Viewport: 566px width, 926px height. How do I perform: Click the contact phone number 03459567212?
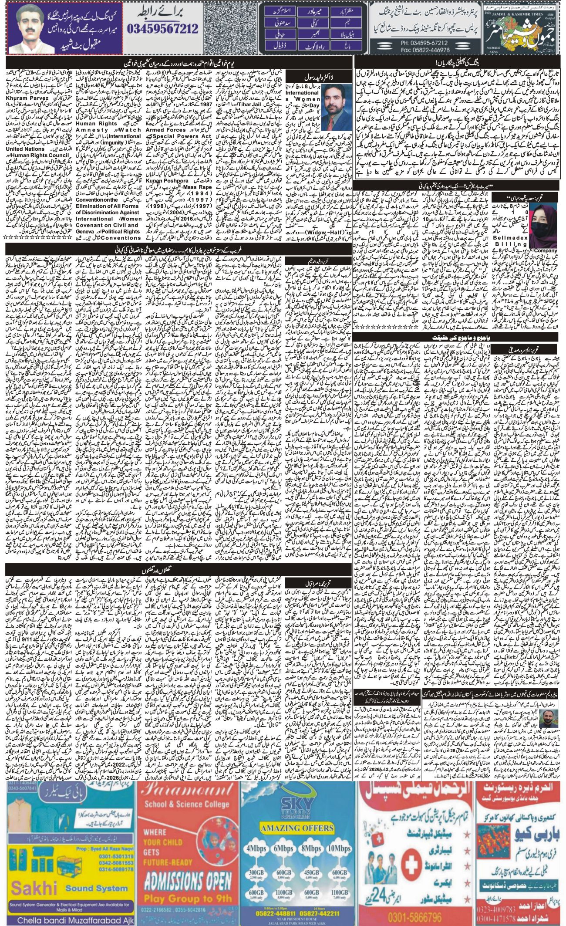tap(162, 29)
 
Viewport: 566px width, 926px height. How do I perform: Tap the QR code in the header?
tap(230, 28)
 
